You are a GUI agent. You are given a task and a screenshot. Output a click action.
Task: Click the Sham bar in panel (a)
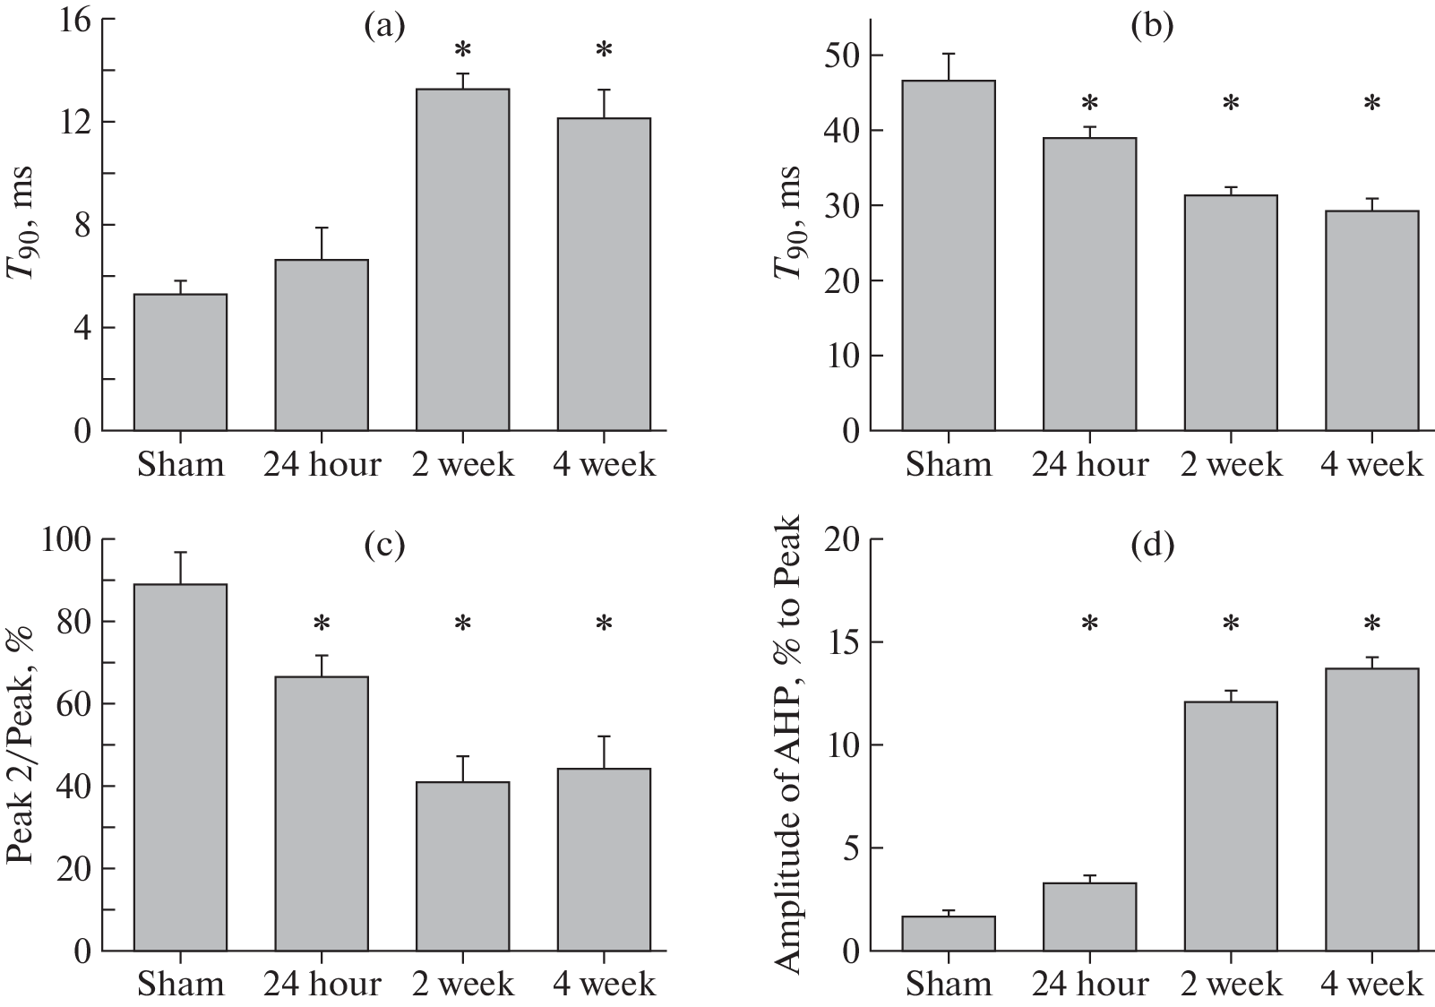point(180,362)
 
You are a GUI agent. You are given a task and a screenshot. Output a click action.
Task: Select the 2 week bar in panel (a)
point(462,260)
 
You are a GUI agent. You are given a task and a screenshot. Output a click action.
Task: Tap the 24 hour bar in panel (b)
point(1089,284)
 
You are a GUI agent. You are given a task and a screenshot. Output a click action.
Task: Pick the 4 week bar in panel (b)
point(1371,321)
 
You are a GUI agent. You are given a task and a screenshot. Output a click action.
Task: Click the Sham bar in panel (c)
point(180,767)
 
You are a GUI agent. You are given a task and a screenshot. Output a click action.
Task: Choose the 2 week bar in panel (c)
point(462,865)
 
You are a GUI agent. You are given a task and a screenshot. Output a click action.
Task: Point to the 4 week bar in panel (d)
point(1371,809)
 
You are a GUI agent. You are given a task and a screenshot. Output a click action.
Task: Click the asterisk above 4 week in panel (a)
point(604,50)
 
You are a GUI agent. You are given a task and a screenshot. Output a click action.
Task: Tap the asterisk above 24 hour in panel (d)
point(1089,623)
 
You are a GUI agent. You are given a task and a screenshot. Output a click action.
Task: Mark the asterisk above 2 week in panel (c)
point(462,623)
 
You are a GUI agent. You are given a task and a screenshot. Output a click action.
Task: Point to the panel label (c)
point(384,544)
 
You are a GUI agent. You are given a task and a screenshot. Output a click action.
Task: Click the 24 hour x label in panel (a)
point(322,465)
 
